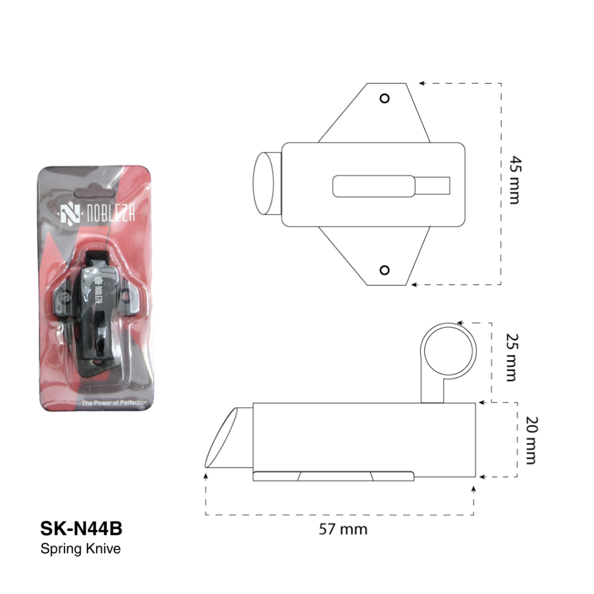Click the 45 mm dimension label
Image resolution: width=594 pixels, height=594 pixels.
pos(515,180)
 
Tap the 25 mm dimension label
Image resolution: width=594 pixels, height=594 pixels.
pos(513,357)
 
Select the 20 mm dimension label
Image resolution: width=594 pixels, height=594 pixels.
pos(531,440)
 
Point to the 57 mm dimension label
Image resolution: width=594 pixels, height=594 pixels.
pos(343,529)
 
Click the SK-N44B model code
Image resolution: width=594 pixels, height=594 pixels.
pos(81,528)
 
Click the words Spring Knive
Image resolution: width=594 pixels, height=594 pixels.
pos(80,549)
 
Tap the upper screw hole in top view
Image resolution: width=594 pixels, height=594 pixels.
pos(385,99)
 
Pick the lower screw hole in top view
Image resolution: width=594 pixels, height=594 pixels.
pos(385,270)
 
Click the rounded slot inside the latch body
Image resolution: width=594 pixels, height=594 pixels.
pos(374,186)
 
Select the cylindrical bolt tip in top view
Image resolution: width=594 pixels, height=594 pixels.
pos(267,184)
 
